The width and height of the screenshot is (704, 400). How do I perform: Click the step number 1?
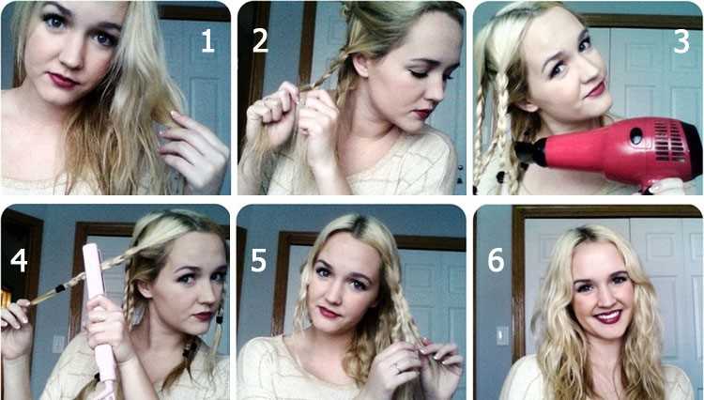[207, 41]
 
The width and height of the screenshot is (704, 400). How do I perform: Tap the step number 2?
[260, 41]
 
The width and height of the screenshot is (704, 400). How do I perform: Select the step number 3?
[681, 41]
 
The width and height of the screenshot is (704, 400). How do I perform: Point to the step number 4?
[19, 260]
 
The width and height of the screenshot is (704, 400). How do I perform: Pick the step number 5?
[259, 260]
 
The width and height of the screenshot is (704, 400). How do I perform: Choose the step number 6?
[496, 260]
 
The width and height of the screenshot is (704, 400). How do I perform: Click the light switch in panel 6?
[502, 335]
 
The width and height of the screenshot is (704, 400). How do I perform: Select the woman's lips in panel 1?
[63, 81]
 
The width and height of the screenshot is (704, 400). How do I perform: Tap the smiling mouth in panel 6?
[607, 316]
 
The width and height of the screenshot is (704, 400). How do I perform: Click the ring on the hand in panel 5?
[396, 368]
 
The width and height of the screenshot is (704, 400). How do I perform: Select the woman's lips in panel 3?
[596, 89]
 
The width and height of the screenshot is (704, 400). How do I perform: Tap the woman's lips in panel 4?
[203, 316]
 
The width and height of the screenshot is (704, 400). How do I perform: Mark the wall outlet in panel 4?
[59, 345]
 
